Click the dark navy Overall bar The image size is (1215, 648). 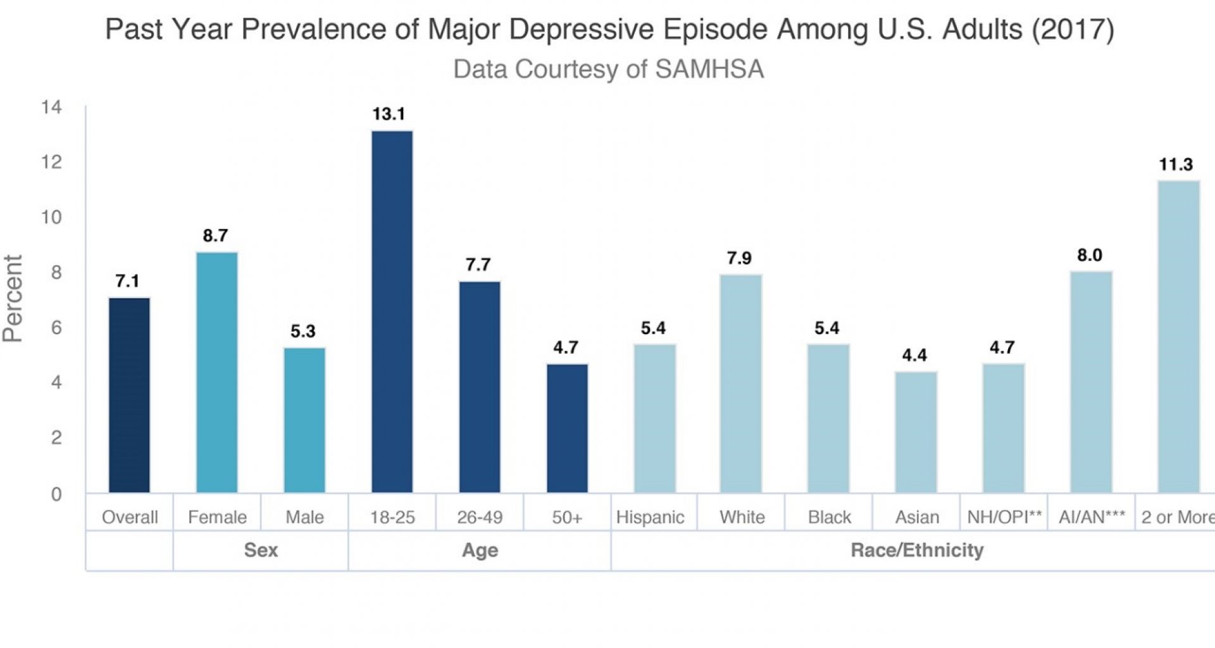point(129,395)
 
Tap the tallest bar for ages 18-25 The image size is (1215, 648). point(392,311)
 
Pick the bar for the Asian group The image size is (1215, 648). point(916,432)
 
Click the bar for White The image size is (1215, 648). point(740,383)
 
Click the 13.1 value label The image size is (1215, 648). point(389,115)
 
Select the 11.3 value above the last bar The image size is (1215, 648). point(1175,165)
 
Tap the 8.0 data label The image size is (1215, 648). point(1089,256)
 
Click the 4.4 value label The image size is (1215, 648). point(914,356)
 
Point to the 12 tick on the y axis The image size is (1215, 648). point(52,163)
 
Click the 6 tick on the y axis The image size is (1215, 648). point(56,328)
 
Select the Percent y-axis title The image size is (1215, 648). point(13,299)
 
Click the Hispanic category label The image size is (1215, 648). point(650,518)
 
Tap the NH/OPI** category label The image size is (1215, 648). point(1004,518)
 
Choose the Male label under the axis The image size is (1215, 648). point(304,518)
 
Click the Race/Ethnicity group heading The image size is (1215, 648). point(916,551)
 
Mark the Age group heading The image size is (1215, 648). point(480,551)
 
